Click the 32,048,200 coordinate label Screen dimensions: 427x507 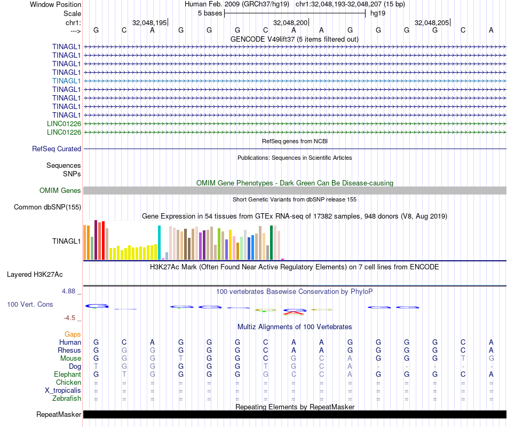[291, 22]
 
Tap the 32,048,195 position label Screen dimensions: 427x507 [149, 22]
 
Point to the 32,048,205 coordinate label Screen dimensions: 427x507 [432, 22]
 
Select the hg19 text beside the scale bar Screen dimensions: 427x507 [378, 13]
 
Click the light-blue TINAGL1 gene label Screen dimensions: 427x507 [67, 81]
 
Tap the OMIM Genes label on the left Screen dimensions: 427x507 [60, 190]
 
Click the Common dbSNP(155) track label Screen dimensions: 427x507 [47, 207]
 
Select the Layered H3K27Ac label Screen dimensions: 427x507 [35, 275]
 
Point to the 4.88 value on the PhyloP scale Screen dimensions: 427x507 [70, 291]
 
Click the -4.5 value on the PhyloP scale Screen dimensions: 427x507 [72, 317]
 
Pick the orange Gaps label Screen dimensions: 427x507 [73, 334]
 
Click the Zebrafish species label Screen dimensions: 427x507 [67, 398]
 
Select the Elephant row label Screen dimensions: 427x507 [67, 374]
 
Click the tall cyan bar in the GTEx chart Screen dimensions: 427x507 [159, 242]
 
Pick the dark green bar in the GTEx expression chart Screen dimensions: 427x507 [272, 242]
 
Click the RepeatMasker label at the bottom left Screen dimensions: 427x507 [59, 414]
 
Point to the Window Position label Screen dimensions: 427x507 [56, 4]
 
